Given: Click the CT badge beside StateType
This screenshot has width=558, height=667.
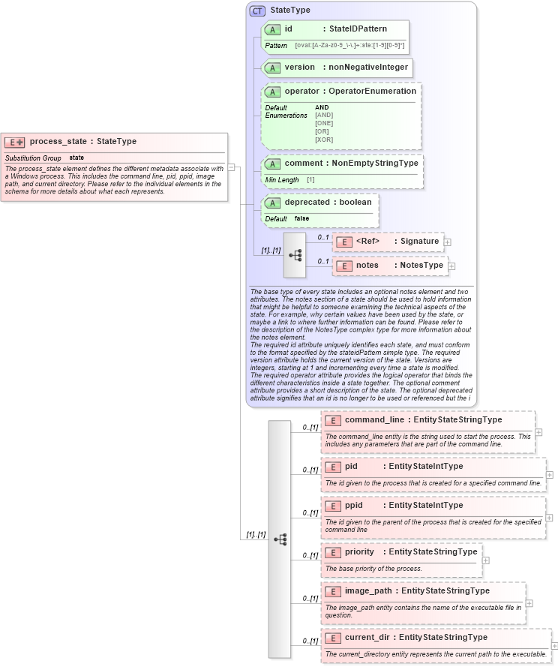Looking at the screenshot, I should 257,11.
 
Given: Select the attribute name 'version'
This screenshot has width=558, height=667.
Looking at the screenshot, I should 299,68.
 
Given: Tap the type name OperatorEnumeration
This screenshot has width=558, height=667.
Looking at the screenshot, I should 370,92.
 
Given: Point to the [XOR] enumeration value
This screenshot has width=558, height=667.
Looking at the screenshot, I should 324,140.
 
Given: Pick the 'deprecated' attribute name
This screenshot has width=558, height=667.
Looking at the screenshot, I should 307,203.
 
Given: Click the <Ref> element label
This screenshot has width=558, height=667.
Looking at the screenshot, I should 367,241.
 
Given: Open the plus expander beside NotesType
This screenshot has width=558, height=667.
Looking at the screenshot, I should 452,266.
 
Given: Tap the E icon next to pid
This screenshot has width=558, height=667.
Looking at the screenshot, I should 334,467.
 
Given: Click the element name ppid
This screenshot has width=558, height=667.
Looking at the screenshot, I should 354,505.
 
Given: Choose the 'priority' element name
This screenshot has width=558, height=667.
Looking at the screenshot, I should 359,551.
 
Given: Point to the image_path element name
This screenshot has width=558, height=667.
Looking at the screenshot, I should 369,590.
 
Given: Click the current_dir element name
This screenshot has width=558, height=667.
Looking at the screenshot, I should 369,637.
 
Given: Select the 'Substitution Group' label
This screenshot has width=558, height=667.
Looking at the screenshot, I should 33,158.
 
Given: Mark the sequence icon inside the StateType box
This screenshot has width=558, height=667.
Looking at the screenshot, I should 295,255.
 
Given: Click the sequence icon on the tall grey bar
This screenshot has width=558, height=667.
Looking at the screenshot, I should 280,539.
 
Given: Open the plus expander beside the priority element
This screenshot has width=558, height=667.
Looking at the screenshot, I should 486,560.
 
